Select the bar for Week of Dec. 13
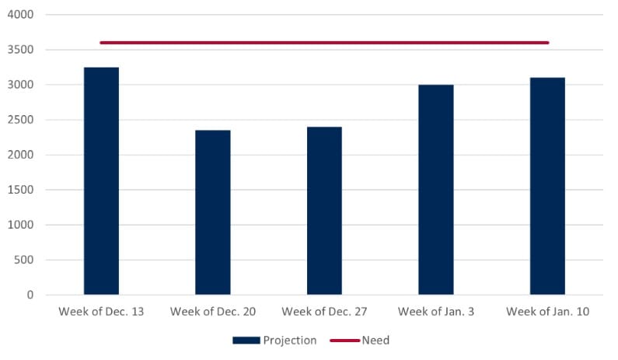[x=101, y=181]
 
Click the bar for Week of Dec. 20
[x=212, y=212]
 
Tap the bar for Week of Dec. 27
[x=324, y=211]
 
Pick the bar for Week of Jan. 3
[x=435, y=190]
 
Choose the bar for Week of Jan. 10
[x=547, y=187]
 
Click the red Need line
[x=324, y=43]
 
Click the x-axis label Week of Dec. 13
[x=100, y=312]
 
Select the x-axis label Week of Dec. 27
[x=324, y=312]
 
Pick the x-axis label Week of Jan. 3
[x=435, y=312]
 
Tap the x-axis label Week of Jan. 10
[x=547, y=312]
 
